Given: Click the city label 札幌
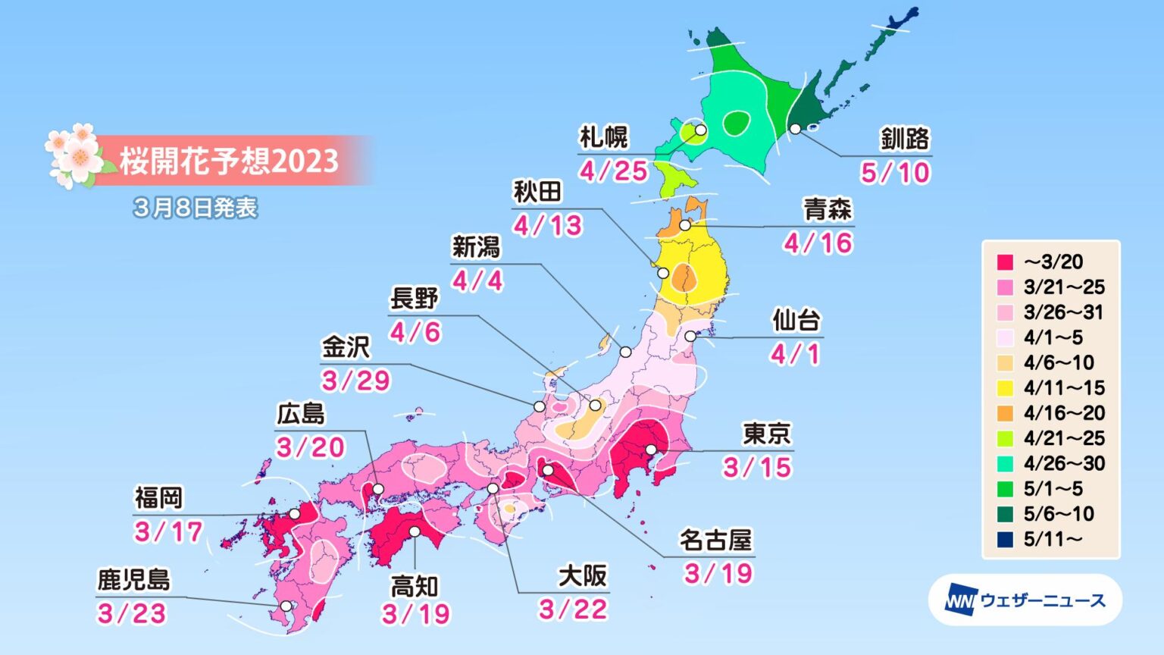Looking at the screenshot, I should [x=603, y=137].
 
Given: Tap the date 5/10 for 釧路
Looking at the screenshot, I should [x=894, y=173].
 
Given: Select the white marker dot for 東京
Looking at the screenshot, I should [x=651, y=450].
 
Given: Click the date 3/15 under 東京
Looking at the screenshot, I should [x=756, y=468].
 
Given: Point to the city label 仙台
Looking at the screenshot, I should [x=796, y=321].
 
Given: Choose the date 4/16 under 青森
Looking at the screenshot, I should [x=818, y=243].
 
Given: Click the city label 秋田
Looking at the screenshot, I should [x=537, y=193].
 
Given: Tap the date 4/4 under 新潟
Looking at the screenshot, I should [x=477, y=281].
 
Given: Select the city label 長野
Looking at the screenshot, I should [x=414, y=299].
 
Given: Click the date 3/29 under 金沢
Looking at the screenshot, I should [x=355, y=381].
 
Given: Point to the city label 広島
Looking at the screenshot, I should [x=301, y=414].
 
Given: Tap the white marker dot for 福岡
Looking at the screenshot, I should [x=294, y=514].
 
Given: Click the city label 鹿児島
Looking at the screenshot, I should [x=133, y=580].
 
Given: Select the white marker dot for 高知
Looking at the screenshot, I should [x=415, y=531].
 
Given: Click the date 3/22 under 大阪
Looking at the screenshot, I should [x=573, y=610].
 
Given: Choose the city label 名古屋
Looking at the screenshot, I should [x=715, y=541].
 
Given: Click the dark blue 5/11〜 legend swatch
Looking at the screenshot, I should [x=1005, y=539].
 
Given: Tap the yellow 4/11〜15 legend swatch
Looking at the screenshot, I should [x=1005, y=388].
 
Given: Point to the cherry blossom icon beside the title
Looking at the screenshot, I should [x=74, y=156].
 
